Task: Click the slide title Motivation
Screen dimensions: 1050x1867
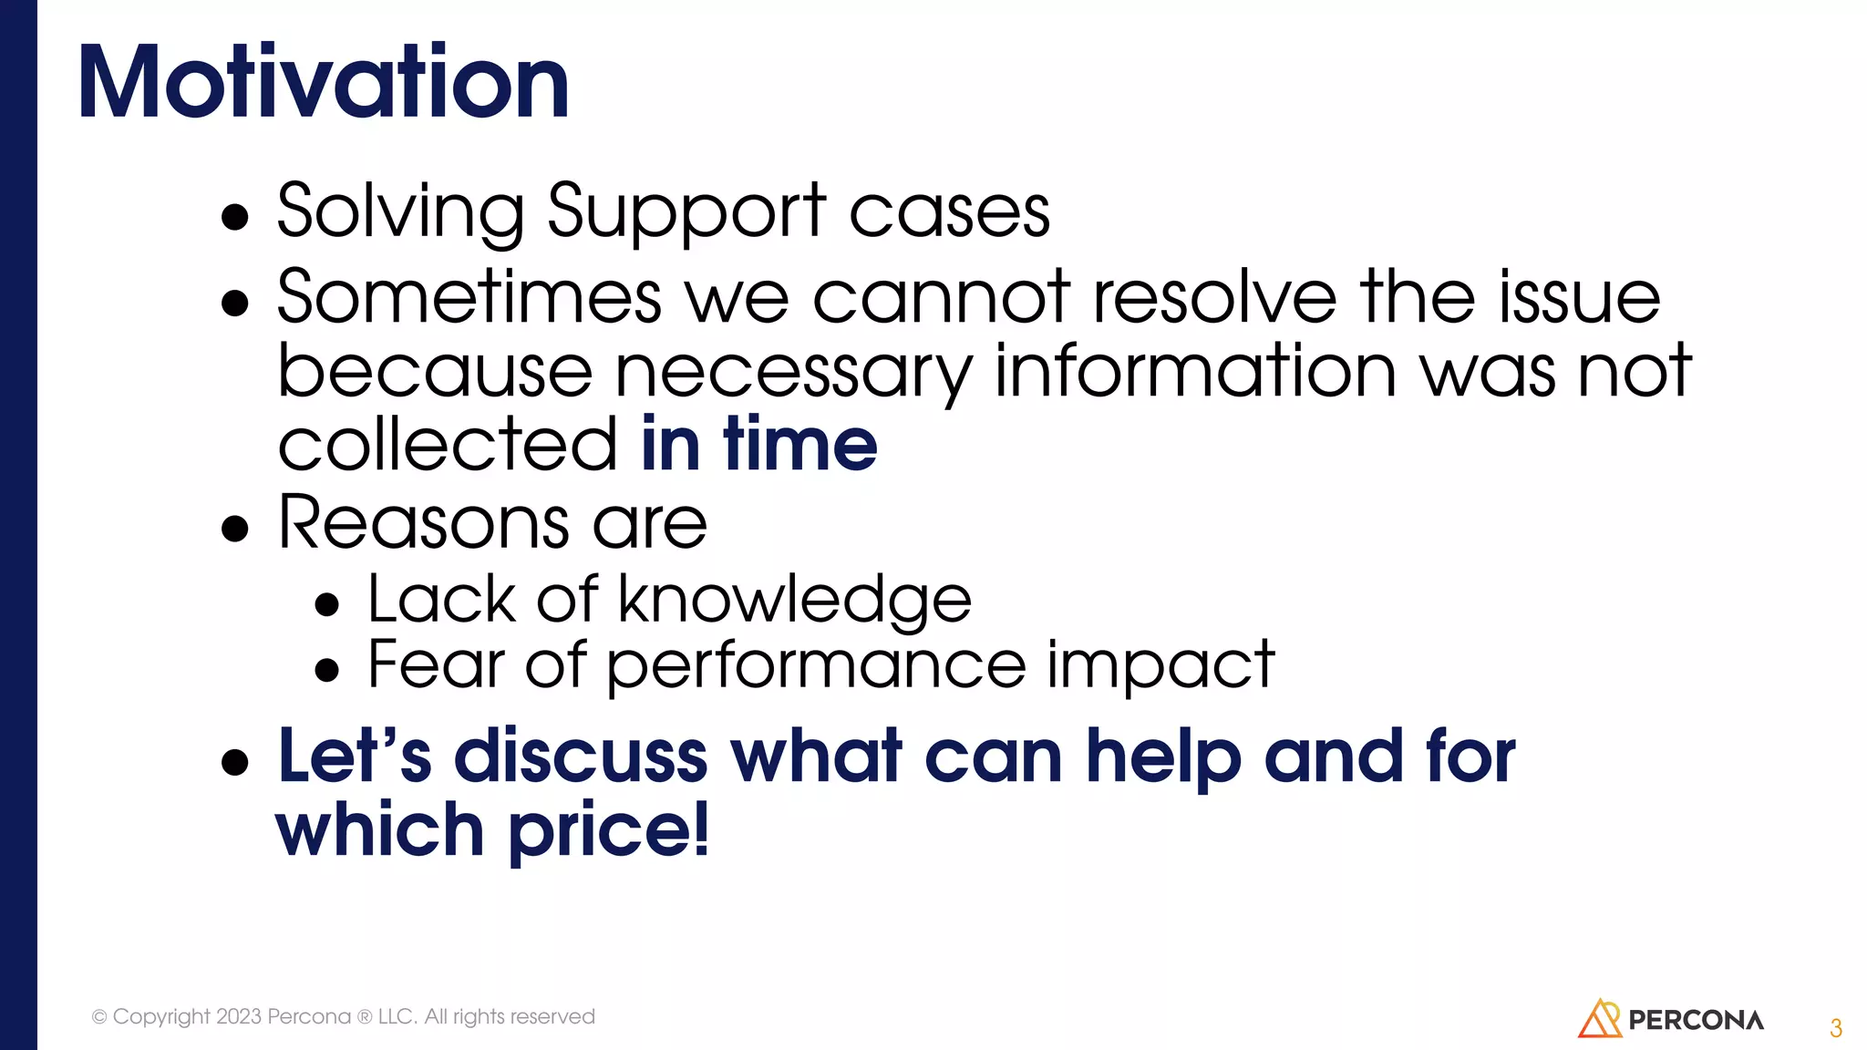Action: coord(324,83)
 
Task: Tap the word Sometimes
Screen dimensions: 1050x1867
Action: coord(469,297)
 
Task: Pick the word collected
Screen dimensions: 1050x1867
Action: coord(448,445)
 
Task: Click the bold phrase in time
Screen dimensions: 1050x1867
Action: coord(758,444)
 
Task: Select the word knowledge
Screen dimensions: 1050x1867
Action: coord(795,601)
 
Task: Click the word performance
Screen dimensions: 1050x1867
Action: coord(816,665)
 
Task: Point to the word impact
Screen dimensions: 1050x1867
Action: coord(1160,665)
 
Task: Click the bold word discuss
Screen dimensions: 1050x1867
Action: coord(581,757)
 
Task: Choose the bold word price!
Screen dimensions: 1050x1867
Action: coord(608,830)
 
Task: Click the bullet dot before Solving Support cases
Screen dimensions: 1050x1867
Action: coord(235,217)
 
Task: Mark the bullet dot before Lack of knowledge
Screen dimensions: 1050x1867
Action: coord(326,605)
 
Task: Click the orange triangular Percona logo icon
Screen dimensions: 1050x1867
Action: coord(1599,1019)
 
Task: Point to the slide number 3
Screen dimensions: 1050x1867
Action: coord(1836,1028)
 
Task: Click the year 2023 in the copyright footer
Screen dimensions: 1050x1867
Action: coord(239,1016)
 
